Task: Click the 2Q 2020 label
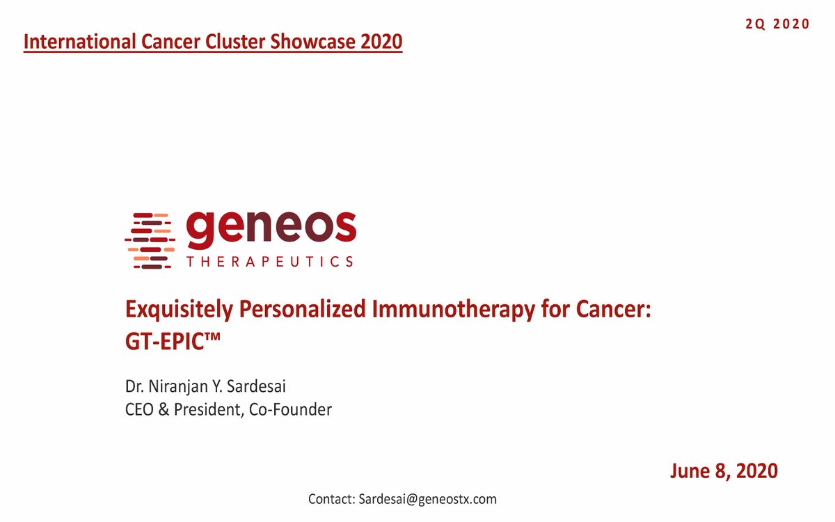(x=777, y=24)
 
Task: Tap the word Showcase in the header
(x=315, y=42)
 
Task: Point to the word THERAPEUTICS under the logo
(x=270, y=262)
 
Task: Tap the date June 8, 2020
(x=724, y=471)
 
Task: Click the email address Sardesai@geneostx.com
(x=427, y=499)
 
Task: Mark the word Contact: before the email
(x=331, y=499)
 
